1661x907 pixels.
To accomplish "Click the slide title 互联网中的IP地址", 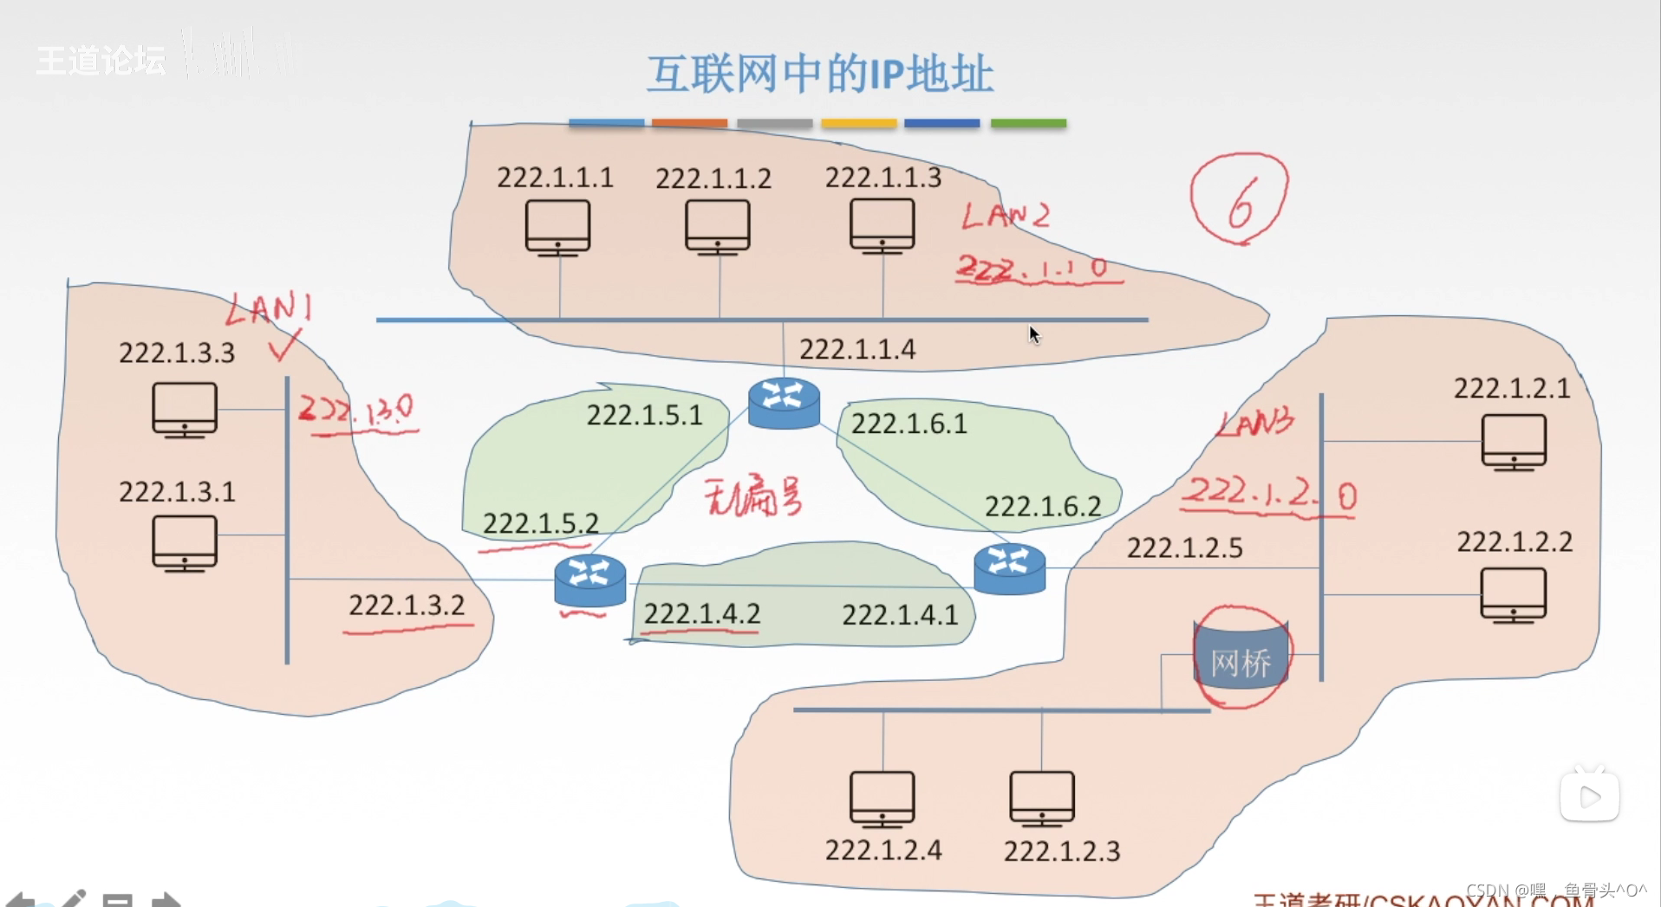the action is tap(819, 74).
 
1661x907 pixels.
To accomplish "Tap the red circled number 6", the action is tap(1240, 199).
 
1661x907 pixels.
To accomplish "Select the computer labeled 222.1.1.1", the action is tap(557, 227).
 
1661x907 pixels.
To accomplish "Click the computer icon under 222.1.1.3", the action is tap(882, 225).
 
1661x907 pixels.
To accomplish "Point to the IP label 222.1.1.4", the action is tap(857, 349).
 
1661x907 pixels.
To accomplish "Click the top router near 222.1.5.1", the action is tap(784, 403).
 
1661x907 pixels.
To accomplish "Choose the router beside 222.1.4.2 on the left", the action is tap(589, 579).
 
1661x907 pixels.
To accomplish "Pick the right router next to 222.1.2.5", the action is tap(1009, 567).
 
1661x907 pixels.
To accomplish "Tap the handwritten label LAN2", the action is tap(1006, 215).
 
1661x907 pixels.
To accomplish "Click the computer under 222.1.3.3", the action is tap(184, 410).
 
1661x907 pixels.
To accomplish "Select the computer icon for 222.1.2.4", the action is tap(882, 799).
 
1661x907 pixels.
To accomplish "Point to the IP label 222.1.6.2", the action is tap(1043, 506).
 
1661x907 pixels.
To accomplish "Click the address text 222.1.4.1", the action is tap(900, 615).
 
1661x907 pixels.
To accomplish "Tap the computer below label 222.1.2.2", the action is tap(1513, 595).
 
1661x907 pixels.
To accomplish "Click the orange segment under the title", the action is tap(689, 124).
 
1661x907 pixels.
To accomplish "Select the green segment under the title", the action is tap(1028, 124).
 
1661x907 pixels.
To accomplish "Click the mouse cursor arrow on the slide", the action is tap(1034, 334).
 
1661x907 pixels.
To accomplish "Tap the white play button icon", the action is tap(1589, 796).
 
